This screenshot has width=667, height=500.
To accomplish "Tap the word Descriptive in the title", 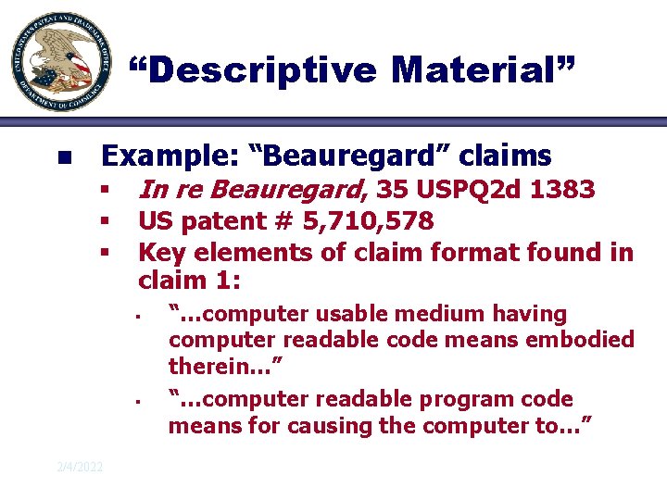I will [x=254, y=69].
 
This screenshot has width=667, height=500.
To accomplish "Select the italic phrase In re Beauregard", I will [x=250, y=191].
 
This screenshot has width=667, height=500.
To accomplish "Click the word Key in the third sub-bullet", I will [x=158, y=252].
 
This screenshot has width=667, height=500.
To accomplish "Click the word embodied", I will [x=581, y=340].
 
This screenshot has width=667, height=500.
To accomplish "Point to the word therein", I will [x=211, y=367].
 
